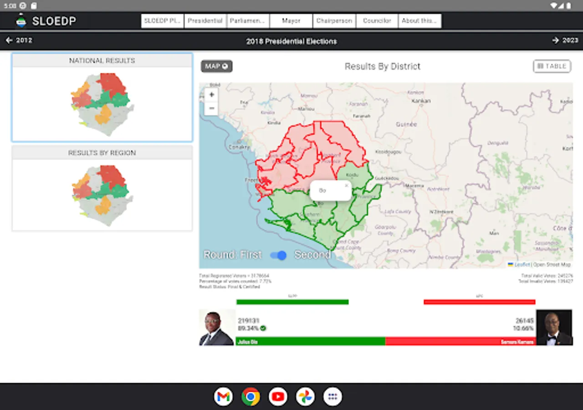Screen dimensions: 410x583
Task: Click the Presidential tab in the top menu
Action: point(205,21)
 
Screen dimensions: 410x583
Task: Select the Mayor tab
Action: point(291,21)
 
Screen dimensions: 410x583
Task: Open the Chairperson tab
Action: point(334,21)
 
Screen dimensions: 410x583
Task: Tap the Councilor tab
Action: point(377,21)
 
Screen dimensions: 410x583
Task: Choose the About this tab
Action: point(419,21)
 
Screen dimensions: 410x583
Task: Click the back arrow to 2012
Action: point(19,41)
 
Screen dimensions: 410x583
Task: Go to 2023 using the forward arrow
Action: point(565,41)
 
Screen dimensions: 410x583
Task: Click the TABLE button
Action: point(552,66)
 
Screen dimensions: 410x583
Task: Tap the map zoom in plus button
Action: point(211,95)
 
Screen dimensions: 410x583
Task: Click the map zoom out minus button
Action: point(211,108)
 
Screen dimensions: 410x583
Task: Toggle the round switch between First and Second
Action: point(278,255)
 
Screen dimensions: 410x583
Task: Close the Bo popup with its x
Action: point(347,185)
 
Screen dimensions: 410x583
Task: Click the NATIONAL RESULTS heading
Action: point(102,61)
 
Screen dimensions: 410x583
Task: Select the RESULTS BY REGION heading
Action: point(102,153)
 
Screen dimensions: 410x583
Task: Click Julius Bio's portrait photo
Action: point(217,328)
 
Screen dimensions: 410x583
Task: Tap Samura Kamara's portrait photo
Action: point(554,328)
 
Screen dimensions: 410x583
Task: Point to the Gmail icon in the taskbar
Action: point(223,396)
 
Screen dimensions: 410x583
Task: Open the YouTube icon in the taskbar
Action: point(278,396)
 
